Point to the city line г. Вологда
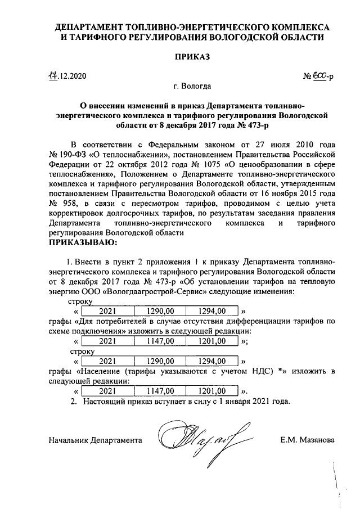click(192, 87)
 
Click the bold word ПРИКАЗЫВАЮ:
click(83, 242)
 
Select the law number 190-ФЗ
click(74, 153)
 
